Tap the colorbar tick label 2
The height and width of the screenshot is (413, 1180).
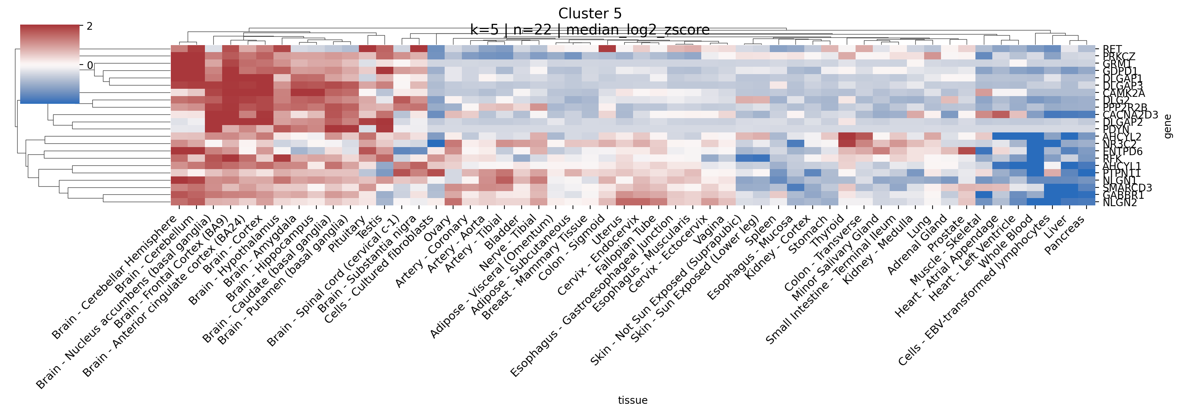[x=90, y=26]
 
